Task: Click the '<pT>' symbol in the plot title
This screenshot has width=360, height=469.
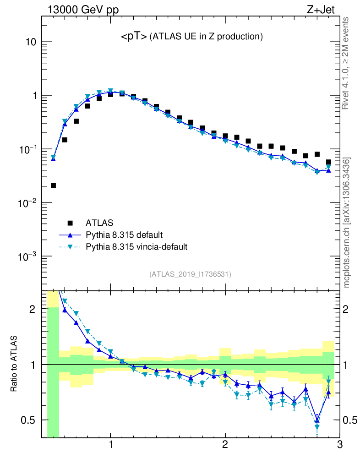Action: tap(134, 37)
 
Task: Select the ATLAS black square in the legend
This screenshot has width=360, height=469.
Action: tap(70, 223)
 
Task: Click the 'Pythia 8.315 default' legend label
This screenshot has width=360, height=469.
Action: tap(125, 235)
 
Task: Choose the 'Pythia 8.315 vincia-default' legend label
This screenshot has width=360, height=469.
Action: tap(136, 247)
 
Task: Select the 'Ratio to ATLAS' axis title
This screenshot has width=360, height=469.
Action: tap(15, 365)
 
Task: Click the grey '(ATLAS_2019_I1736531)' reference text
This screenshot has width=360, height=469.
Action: tap(190, 274)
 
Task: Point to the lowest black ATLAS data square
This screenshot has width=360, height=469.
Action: tap(53, 185)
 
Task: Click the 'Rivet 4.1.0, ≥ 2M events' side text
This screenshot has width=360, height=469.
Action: tap(346, 63)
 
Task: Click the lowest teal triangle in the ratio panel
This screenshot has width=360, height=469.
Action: tap(317, 427)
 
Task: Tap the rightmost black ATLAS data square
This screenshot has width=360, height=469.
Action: tap(328, 162)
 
